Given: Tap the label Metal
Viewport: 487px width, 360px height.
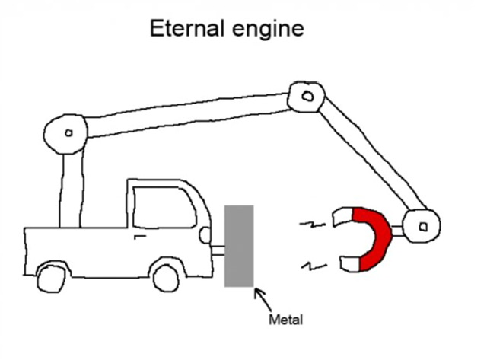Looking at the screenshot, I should pos(285,320).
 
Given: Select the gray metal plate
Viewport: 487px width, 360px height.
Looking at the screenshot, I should pos(239,245).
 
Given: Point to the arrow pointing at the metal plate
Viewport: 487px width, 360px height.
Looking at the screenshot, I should pos(259,298).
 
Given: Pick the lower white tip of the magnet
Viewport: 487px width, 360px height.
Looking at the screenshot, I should pos(349,264).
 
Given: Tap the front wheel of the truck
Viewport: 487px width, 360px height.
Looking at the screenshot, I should pos(165,275).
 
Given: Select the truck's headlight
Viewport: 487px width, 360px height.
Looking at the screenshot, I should pos(204,235).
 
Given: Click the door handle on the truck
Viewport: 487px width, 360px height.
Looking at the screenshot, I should pos(139,237).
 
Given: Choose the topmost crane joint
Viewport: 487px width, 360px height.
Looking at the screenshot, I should pos(306,97).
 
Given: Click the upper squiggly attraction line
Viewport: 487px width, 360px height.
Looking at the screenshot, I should pos(310,225).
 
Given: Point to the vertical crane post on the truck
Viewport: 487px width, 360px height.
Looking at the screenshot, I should pos(70,190).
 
